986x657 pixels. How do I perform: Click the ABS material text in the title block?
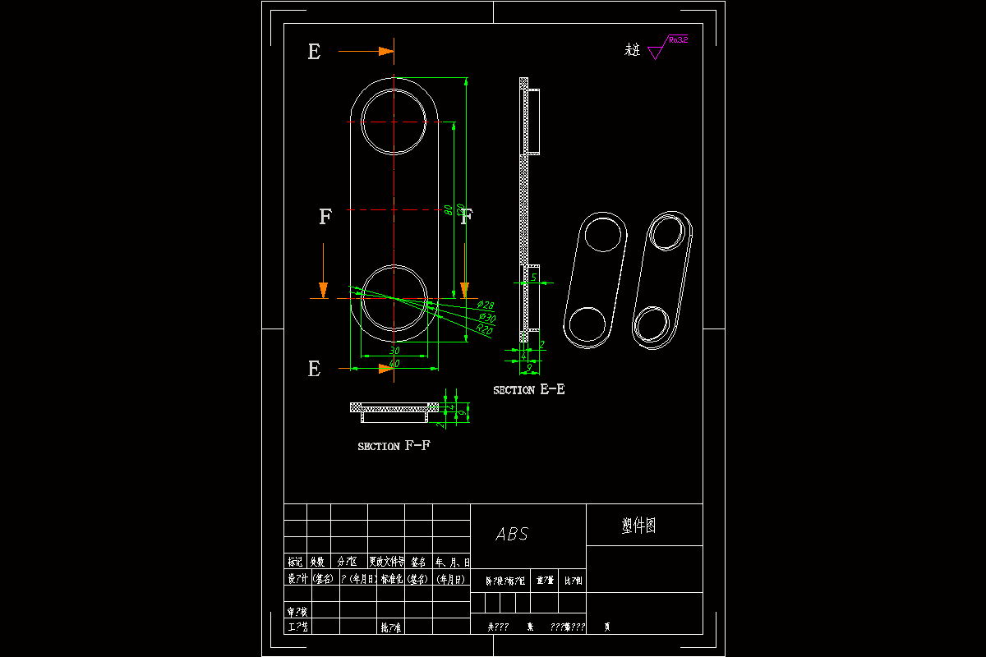coord(512,535)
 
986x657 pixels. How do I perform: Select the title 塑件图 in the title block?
coord(638,526)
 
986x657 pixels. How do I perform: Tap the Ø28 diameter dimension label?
coord(485,306)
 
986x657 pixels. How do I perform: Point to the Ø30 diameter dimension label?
coord(486,318)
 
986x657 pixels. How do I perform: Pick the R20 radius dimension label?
coord(484,330)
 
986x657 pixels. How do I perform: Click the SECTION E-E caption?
coord(528,390)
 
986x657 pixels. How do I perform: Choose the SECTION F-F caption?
coord(394,446)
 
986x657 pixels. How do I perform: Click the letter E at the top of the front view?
coord(314,52)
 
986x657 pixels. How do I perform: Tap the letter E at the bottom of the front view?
coord(314,370)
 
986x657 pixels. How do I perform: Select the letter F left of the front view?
coord(325,217)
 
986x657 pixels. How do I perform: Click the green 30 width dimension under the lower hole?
coord(394,351)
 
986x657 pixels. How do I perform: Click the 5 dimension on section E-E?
coord(533,278)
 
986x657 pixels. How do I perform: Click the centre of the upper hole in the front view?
coord(394,122)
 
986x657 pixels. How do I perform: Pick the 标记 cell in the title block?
coord(295,563)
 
